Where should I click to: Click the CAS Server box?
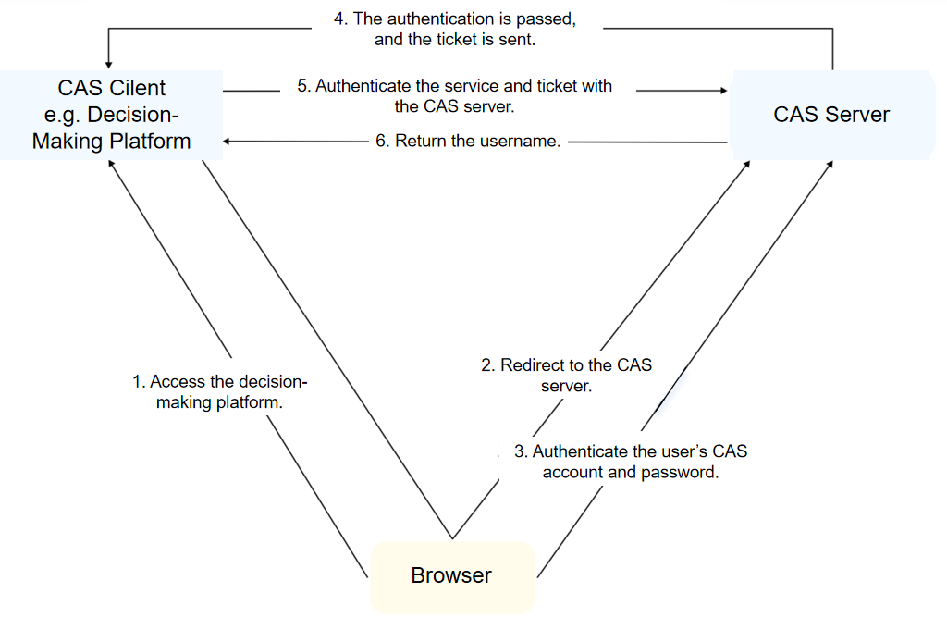[831, 115]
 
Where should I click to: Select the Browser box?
[452, 576]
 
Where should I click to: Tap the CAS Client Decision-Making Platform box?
[111, 115]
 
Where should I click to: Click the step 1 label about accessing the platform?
[219, 392]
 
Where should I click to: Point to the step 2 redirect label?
[566, 376]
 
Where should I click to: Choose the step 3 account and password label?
[631, 462]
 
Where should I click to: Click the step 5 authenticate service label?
[454, 96]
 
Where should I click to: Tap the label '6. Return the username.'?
[468, 142]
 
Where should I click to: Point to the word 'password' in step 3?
[683, 472]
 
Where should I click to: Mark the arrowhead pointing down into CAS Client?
[109, 64]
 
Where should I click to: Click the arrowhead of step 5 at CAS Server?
[724, 91]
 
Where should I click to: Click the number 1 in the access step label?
[137, 382]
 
